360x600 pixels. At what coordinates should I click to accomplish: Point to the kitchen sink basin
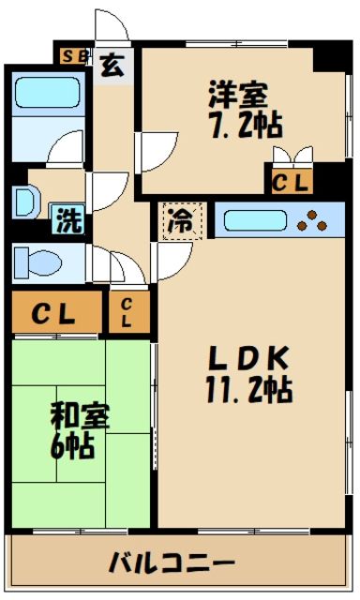(x=250, y=221)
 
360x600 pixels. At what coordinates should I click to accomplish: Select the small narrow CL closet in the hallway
(x=126, y=313)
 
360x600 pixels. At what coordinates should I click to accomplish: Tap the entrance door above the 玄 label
(x=110, y=28)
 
